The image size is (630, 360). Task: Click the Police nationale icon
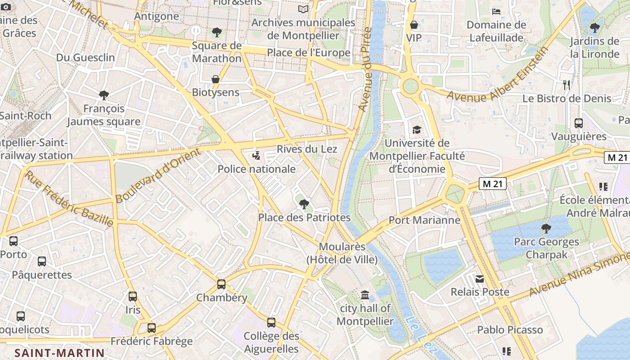point(256,156)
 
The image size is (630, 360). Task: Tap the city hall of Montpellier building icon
point(365,295)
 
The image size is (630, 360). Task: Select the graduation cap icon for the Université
point(417,130)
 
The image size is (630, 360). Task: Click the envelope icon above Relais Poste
point(480,279)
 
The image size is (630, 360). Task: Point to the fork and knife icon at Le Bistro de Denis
point(567,85)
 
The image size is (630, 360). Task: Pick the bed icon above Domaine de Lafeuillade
point(496,11)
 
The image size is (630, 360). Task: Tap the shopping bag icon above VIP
point(414,24)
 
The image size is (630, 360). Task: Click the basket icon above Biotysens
point(216,79)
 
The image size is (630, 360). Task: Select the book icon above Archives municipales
point(304,9)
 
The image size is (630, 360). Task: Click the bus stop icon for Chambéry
point(221,284)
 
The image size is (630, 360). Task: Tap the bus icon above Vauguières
point(579,123)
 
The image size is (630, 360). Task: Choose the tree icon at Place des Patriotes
point(304,204)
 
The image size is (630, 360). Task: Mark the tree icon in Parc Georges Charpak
point(546,228)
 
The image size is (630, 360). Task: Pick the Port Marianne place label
point(424,220)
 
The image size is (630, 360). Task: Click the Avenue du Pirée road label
point(365,70)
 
